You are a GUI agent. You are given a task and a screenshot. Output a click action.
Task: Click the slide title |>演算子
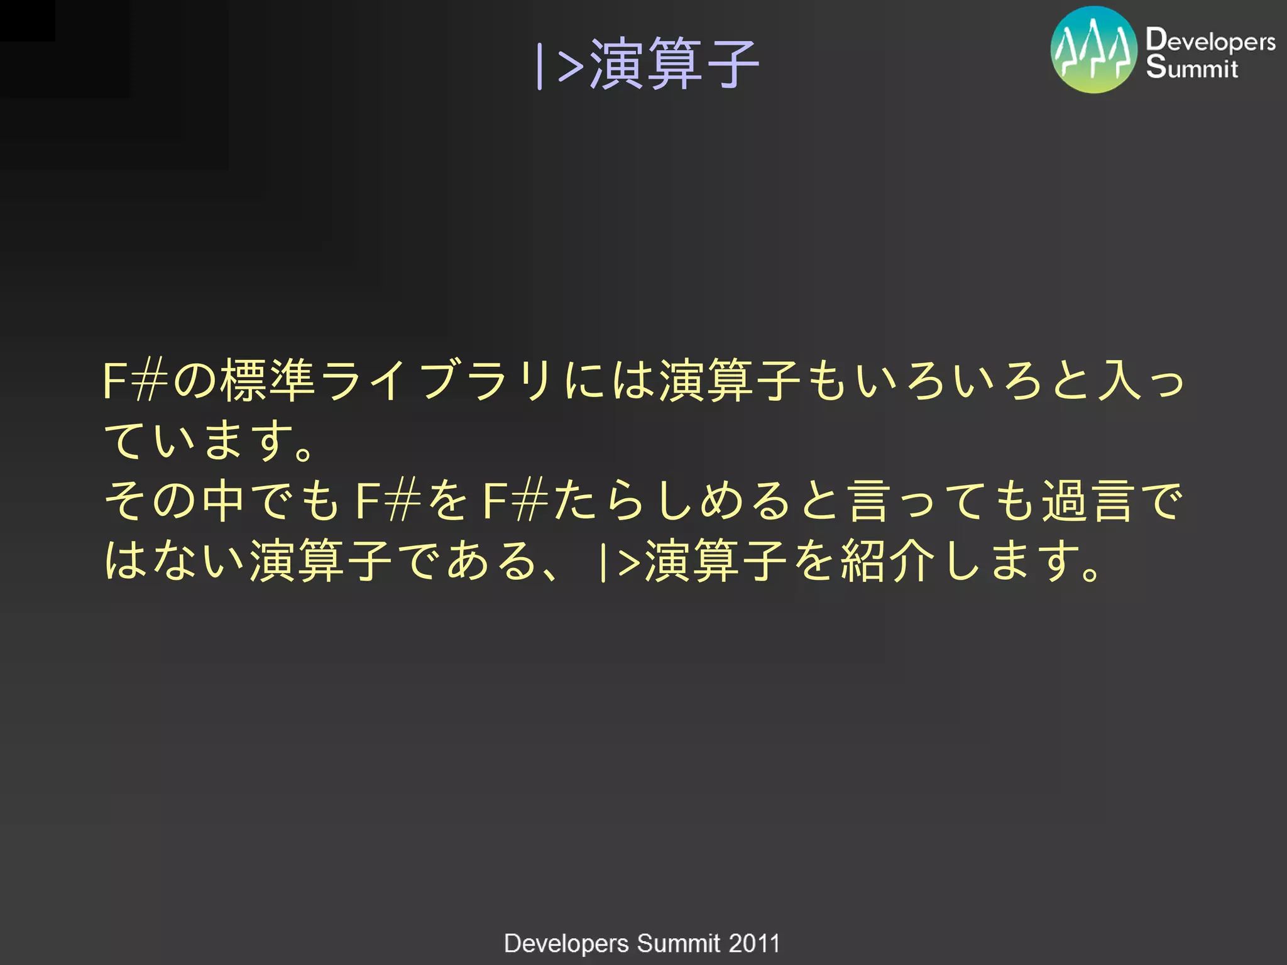click(x=647, y=63)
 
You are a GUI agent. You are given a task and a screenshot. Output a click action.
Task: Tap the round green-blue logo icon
click(x=1093, y=50)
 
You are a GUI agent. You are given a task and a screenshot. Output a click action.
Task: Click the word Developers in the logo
click(x=1210, y=40)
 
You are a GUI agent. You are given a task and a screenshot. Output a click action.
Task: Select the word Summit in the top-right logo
click(x=1191, y=67)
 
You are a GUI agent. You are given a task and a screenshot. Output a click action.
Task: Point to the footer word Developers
click(x=566, y=944)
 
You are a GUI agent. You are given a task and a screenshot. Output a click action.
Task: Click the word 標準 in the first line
click(x=267, y=380)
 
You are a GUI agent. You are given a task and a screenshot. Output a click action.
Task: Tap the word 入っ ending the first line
click(x=1141, y=380)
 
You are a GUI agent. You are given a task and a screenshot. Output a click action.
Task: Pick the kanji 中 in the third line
click(x=224, y=501)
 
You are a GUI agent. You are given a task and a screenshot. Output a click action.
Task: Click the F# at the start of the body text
click(x=135, y=380)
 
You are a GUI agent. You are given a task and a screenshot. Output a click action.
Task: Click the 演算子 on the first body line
click(x=729, y=380)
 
